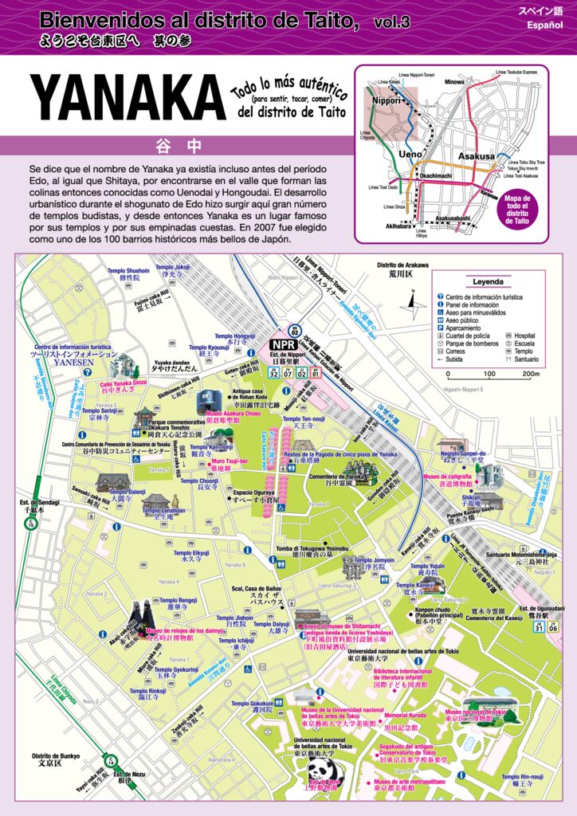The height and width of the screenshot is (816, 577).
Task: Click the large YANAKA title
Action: pyautogui.click(x=128, y=103)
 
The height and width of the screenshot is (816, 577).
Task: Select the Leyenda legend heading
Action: pyautogui.click(x=488, y=282)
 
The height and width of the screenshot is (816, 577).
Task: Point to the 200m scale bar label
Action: pyautogui.click(x=530, y=373)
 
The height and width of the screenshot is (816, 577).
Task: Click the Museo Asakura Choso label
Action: pyautogui.click(x=234, y=414)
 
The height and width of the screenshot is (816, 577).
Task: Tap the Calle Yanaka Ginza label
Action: pyautogui.click(x=124, y=383)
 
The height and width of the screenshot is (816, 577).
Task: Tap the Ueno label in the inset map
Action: pyautogui.click(x=410, y=154)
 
